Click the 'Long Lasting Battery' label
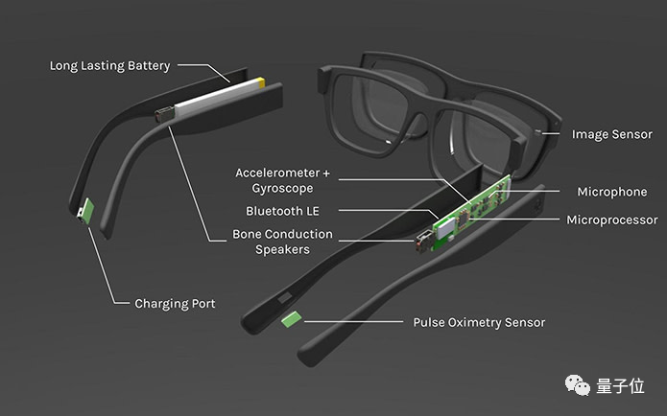[109, 66]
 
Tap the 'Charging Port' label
[175, 304]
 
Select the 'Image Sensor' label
[611, 135]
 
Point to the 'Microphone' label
[611, 192]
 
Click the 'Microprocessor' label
[611, 220]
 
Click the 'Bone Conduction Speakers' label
[282, 242]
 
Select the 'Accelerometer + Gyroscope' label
[282, 180]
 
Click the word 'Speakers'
[282, 250]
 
